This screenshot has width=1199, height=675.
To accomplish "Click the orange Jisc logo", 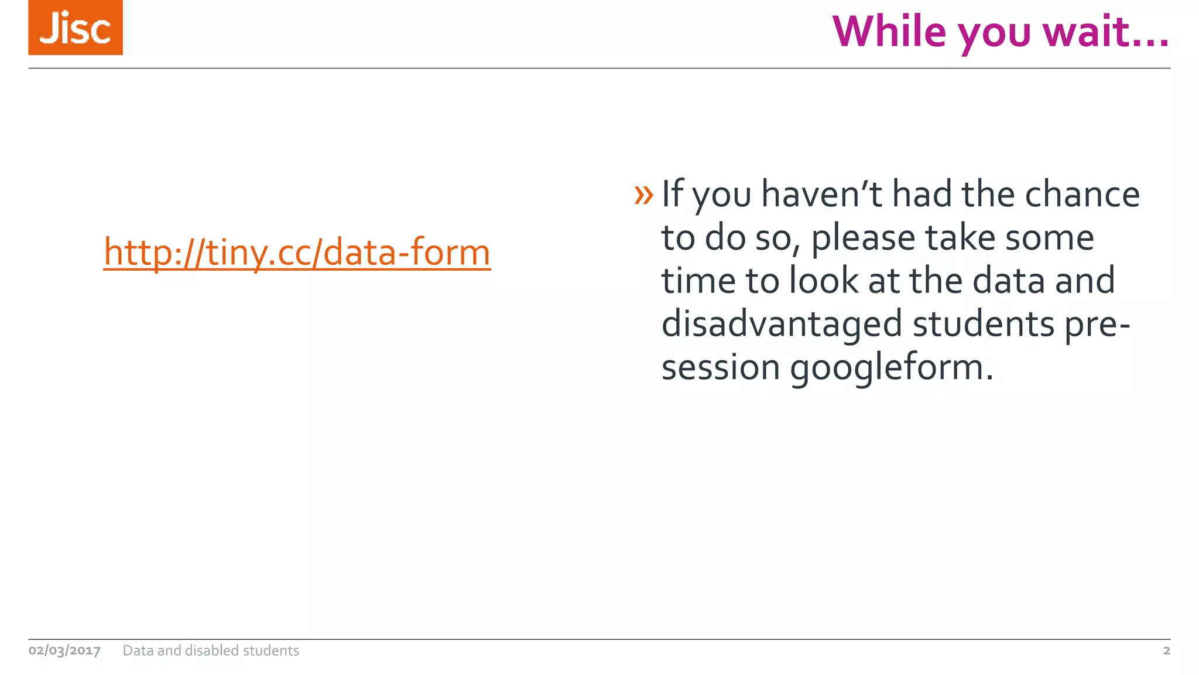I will [76, 28].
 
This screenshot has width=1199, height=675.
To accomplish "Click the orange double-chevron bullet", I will [643, 195].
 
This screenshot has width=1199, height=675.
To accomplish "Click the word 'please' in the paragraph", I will [863, 238].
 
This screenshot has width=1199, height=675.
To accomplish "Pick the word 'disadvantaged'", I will [782, 325].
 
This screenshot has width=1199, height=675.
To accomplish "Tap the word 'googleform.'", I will [892, 368].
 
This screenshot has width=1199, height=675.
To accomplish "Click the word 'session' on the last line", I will [721, 368].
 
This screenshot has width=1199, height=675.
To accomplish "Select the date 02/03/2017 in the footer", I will [64, 650].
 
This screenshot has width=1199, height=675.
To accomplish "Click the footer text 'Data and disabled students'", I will [211, 650].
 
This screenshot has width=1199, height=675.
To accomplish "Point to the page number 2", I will [1166, 650].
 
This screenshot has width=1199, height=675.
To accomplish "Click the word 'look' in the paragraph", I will [824, 281].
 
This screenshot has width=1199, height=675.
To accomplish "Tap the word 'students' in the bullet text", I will [983, 325].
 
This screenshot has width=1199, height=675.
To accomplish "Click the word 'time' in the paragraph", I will [698, 281].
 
